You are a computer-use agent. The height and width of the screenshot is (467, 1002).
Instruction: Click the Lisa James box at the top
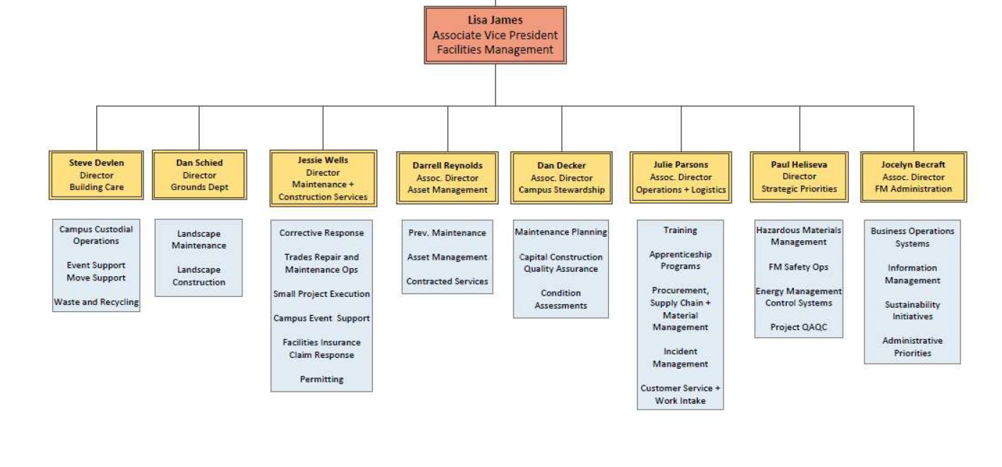point(495,35)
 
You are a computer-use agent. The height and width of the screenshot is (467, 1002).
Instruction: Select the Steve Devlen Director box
point(97,175)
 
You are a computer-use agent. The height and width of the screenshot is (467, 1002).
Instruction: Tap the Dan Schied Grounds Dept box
point(199,175)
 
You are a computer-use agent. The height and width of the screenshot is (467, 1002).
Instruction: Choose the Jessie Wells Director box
point(323,179)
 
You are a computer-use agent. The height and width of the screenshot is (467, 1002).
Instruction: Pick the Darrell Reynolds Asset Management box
point(448,178)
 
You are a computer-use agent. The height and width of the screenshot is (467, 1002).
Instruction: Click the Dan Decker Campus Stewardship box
point(562,178)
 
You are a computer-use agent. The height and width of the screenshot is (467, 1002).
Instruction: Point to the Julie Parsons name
point(680,165)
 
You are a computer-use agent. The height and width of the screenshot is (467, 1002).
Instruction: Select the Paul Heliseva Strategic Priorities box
point(799,177)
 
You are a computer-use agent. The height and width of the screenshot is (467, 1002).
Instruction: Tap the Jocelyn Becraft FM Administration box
point(913,177)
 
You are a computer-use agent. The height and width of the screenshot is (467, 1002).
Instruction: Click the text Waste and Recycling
point(96,302)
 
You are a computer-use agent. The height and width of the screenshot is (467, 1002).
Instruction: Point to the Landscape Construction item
point(199,276)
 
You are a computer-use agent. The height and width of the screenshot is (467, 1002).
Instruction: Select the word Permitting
point(321,379)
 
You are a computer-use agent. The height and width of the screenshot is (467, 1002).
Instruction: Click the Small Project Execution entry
point(321,294)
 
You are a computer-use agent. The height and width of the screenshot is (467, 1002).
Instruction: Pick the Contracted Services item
point(447,281)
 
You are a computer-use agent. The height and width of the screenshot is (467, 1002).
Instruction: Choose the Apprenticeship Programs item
point(680,260)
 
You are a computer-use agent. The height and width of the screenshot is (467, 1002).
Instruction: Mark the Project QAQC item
point(798,327)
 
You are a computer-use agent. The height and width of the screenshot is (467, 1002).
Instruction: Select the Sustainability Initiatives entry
point(912,311)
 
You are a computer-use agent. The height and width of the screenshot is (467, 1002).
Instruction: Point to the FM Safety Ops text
point(798,267)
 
